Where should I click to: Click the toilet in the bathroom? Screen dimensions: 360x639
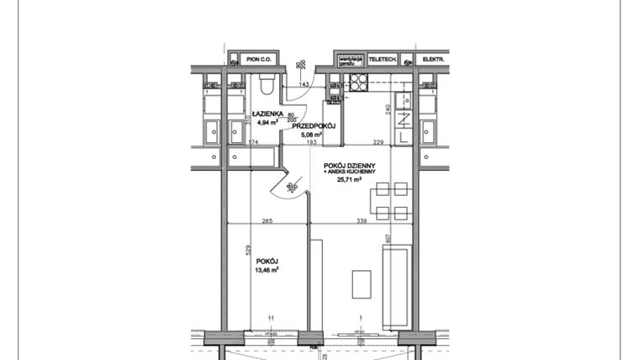pos(267,84)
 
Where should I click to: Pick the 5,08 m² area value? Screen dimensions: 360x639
pos(314,135)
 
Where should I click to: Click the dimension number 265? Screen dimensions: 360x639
pos(267,220)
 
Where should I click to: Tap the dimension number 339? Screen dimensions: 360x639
pos(362,220)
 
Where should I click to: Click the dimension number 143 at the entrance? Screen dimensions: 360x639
pos(305,86)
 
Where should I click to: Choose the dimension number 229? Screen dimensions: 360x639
pos(378,142)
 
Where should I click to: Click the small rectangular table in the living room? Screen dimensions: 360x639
pos(362,284)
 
